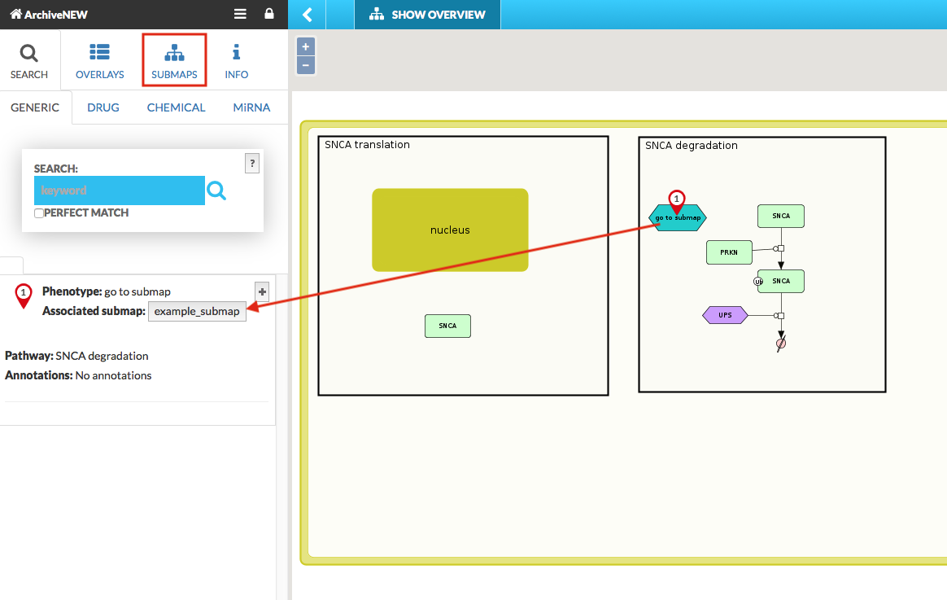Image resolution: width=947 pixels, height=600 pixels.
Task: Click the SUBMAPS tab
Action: click(174, 61)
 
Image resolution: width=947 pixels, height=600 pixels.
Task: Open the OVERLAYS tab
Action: click(100, 61)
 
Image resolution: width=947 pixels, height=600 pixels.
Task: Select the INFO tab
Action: click(236, 61)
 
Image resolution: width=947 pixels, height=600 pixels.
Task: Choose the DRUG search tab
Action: click(103, 107)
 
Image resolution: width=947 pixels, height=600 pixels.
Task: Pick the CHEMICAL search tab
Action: click(176, 107)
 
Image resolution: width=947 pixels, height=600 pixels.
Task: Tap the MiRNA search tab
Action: click(251, 107)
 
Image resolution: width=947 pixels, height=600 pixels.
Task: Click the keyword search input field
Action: click(119, 191)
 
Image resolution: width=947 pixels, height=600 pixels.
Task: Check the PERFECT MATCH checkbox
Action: click(39, 213)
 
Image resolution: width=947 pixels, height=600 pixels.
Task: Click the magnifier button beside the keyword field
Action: click(216, 191)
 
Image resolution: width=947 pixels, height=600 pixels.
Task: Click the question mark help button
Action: click(252, 163)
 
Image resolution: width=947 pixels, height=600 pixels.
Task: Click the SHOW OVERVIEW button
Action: click(427, 15)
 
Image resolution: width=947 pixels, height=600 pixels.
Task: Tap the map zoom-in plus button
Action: click(306, 46)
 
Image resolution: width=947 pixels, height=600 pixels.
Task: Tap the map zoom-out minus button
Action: click(306, 65)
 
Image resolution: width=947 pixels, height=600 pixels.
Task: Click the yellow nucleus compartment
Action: click(450, 230)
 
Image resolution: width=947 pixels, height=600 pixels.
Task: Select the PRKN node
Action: click(729, 252)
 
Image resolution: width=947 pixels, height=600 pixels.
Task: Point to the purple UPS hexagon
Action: click(725, 315)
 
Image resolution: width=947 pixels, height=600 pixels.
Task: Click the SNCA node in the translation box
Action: click(447, 326)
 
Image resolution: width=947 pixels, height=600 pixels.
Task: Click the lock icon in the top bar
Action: click(269, 14)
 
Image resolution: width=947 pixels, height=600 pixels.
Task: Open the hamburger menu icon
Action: click(240, 14)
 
